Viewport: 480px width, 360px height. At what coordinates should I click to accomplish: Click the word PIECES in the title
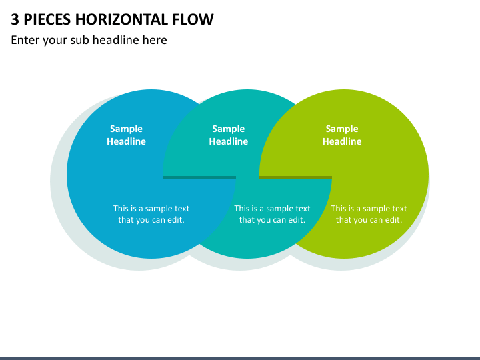click(x=47, y=19)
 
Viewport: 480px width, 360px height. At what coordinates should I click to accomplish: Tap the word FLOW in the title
click(x=193, y=19)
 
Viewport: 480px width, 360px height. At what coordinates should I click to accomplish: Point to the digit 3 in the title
click(x=15, y=19)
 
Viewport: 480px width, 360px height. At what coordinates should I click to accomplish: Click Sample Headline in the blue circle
click(x=126, y=135)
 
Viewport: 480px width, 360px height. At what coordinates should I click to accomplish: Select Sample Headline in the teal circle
click(x=229, y=135)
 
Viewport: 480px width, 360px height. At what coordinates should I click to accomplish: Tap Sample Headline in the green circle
click(x=342, y=135)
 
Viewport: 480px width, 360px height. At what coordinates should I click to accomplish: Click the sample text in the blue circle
click(x=151, y=214)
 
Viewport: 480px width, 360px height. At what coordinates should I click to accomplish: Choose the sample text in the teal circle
click(x=272, y=214)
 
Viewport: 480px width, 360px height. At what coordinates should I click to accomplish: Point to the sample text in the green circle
click(x=369, y=214)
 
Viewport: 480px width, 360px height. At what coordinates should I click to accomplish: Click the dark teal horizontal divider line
click(x=199, y=177)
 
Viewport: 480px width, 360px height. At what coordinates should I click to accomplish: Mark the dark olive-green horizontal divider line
click(x=296, y=177)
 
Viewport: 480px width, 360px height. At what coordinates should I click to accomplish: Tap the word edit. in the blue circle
click(x=176, y=220)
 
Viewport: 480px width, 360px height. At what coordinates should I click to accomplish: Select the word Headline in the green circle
click(x=342, y=141)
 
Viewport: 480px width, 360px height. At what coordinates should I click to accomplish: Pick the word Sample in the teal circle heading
click(x=229, y=129)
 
